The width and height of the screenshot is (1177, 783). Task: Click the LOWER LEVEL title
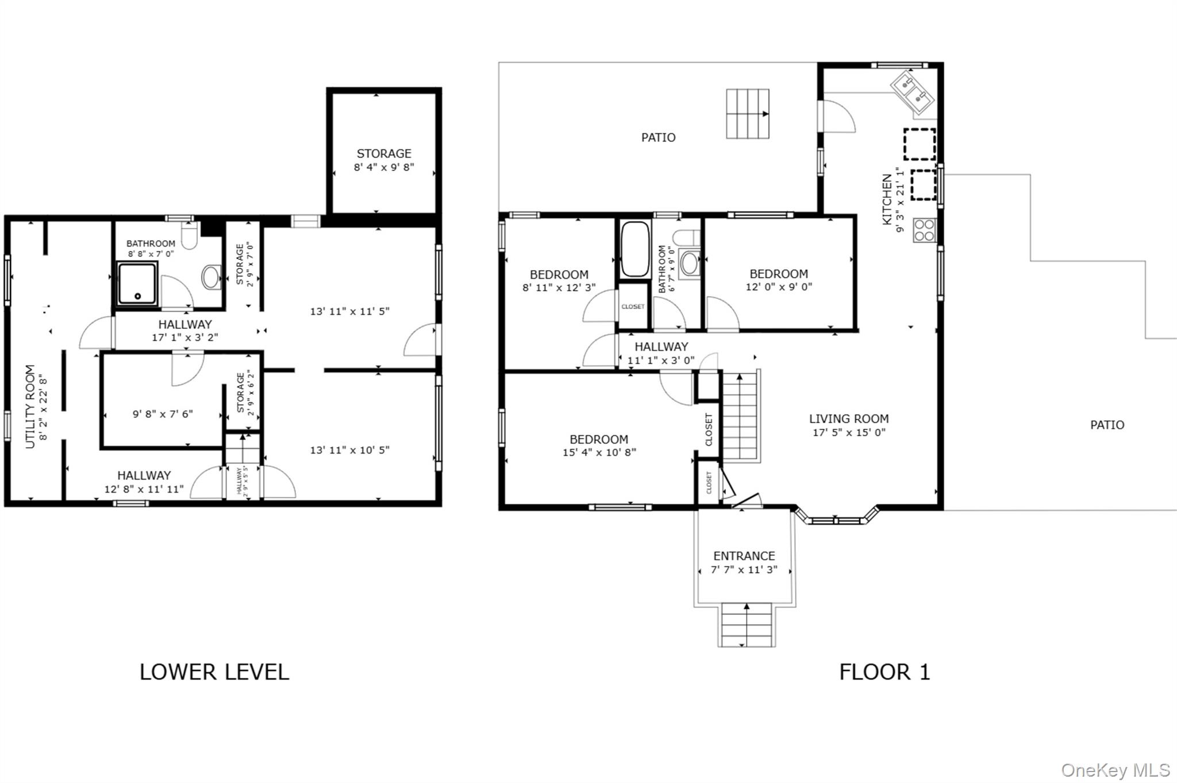214,672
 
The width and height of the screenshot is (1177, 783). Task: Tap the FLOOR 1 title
884,672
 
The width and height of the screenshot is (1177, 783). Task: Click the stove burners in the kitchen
924,230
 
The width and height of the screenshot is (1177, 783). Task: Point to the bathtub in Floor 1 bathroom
635,250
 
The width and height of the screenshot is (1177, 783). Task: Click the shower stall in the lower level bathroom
137,283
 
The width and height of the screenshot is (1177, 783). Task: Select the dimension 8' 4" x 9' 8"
384,167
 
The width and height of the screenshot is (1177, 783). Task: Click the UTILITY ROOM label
30,406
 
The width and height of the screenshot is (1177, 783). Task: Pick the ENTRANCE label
744,556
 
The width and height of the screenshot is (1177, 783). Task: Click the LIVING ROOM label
849,419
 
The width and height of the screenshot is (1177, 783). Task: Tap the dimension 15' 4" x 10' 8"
599,452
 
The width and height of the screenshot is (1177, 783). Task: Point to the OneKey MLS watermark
1116,770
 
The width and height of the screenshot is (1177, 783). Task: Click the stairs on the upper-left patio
748,114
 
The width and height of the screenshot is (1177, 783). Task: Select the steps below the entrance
747,625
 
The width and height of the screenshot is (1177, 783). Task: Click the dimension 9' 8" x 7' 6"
163,414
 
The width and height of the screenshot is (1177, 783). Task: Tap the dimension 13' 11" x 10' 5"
350,450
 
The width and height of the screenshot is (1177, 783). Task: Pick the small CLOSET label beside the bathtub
633,306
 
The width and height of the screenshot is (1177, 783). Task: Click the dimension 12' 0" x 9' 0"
779,287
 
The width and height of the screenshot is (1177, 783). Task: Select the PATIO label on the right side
1107,425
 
